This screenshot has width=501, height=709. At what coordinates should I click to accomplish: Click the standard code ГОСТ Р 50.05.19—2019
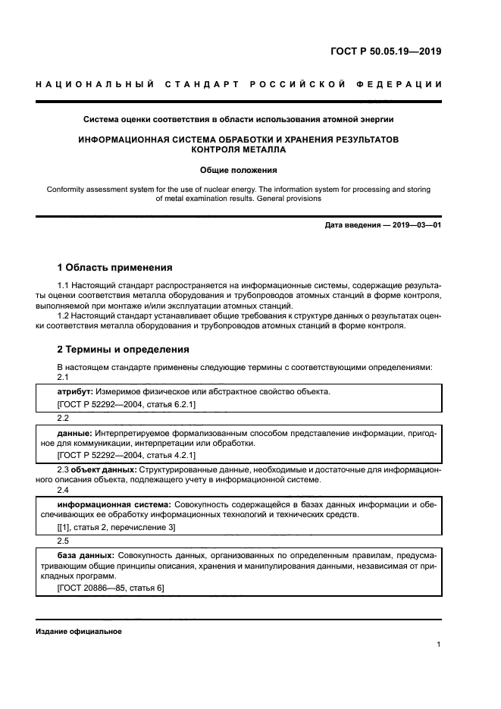[x=386, y=52]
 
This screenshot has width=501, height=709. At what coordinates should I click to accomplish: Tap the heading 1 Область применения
[x=114, y=268]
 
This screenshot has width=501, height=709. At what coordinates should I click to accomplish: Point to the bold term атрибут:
[x=75, y=391]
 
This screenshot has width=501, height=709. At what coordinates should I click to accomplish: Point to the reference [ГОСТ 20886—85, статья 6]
[x=111, y=588]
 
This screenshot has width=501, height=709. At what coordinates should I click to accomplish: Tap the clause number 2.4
[x=64, y=491]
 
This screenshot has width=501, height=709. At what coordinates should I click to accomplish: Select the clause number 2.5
[x=64, y=541]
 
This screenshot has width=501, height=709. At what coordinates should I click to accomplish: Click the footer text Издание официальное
[x=79, y=632]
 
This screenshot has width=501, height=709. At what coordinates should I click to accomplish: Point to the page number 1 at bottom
[x=439, y=645]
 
